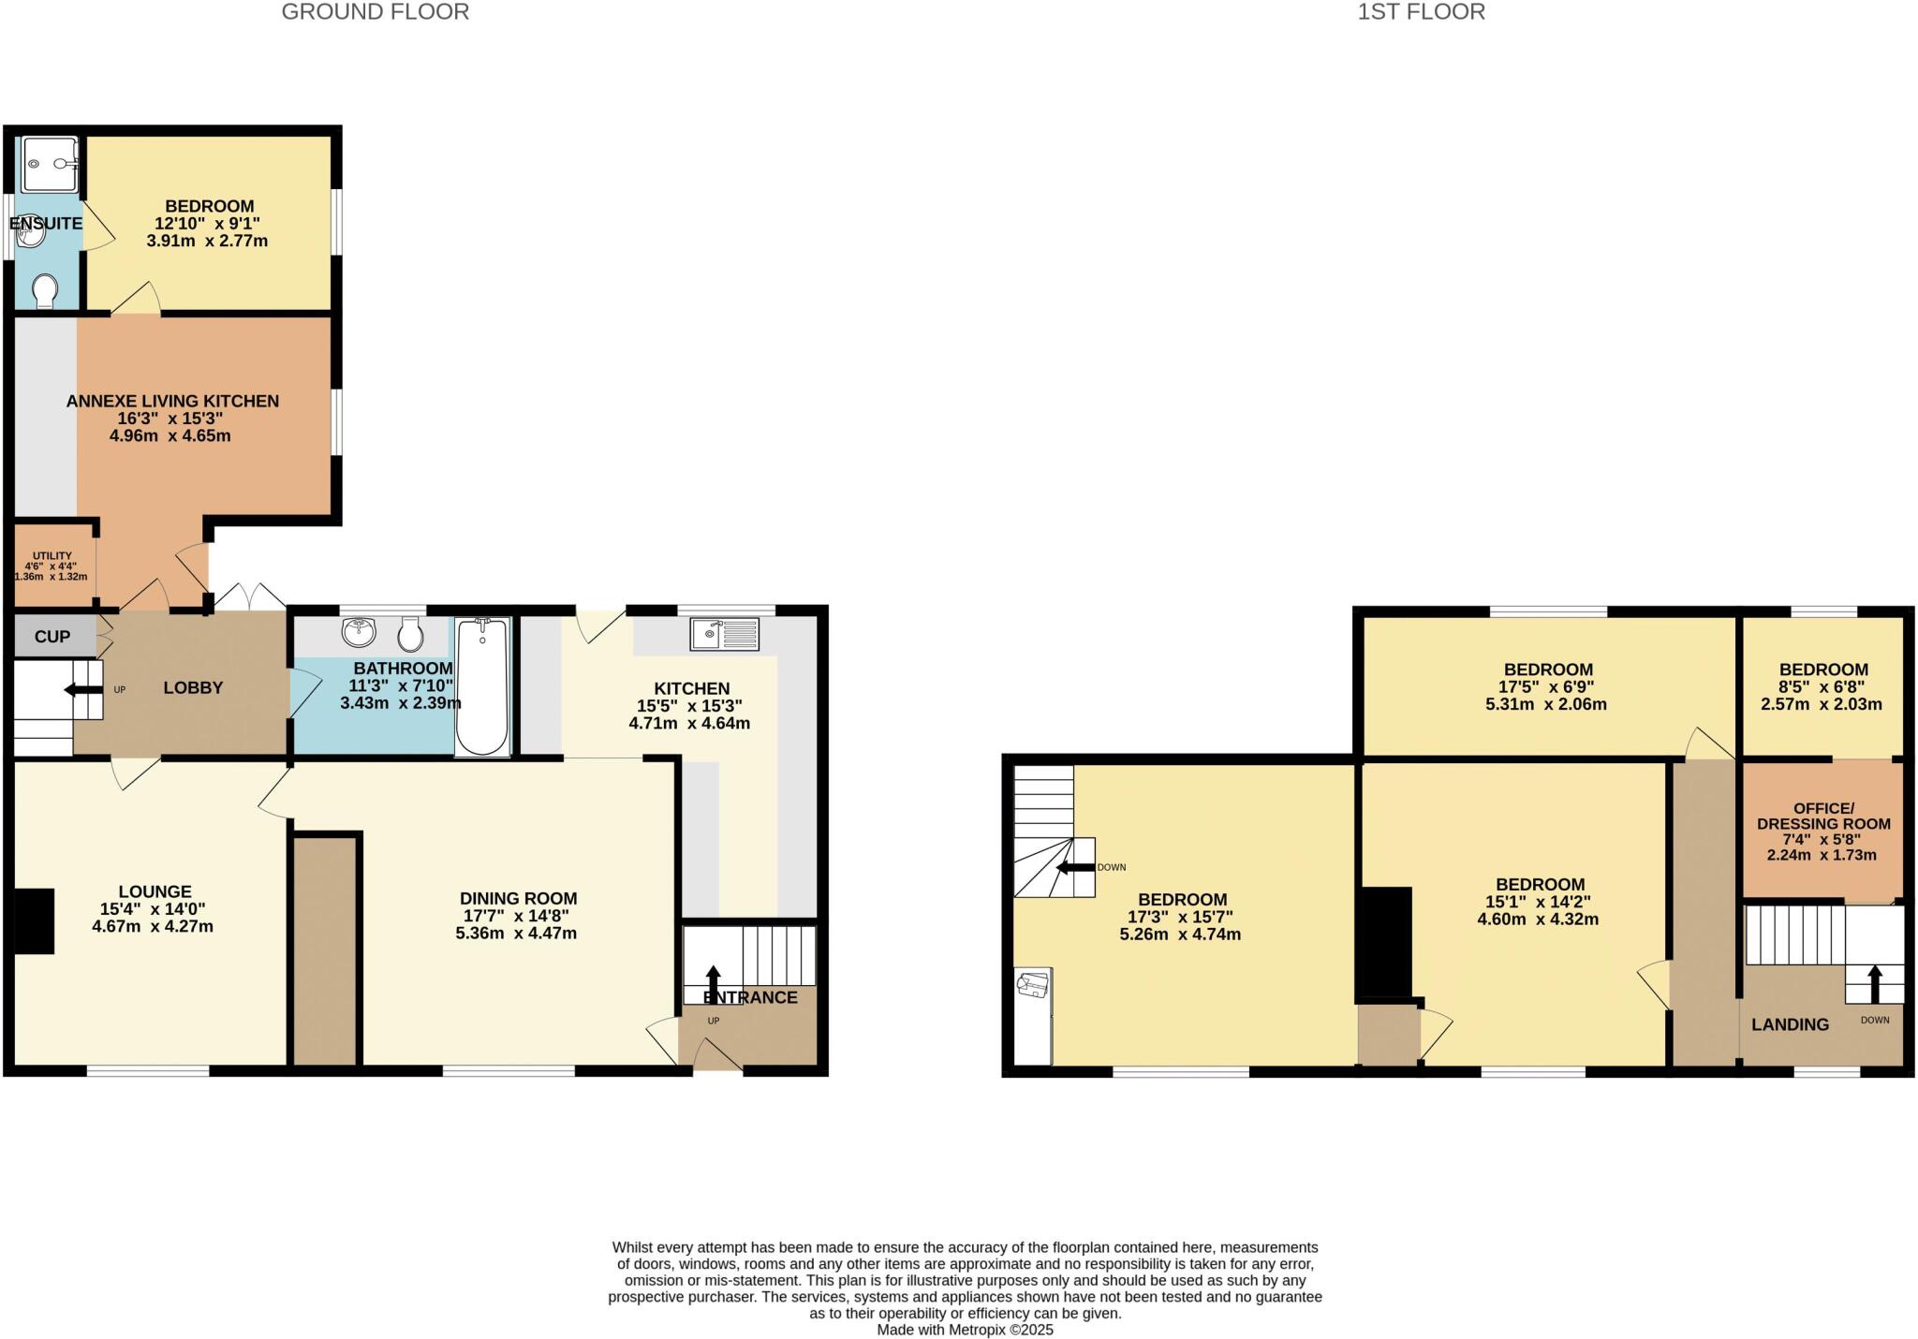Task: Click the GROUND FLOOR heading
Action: [x=375, y=12]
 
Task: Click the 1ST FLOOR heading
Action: [x=1421, y=12]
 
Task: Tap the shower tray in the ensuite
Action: [x=50, y=165]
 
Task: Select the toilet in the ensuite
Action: [x=44, y=291]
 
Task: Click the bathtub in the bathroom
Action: [x=482, y=685]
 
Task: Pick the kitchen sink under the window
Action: [x=724, y=635]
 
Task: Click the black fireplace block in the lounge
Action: [x=34, y=921]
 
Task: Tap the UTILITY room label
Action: [x=52, y=555]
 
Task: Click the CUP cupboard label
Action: [x=52, y=637]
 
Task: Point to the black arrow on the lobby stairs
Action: [x=82, y=690]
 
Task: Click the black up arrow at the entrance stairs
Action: [x=713, y=983]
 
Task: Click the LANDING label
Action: [x=1790, y=1024]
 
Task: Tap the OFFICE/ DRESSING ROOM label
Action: [x=1823, y=816]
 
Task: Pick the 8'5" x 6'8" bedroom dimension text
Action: [x=1822, y=687]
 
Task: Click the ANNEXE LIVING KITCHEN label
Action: [x=172, y=401]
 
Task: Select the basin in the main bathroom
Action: [x=359, y=633]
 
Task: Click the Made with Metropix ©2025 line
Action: [x=965, y=1330]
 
